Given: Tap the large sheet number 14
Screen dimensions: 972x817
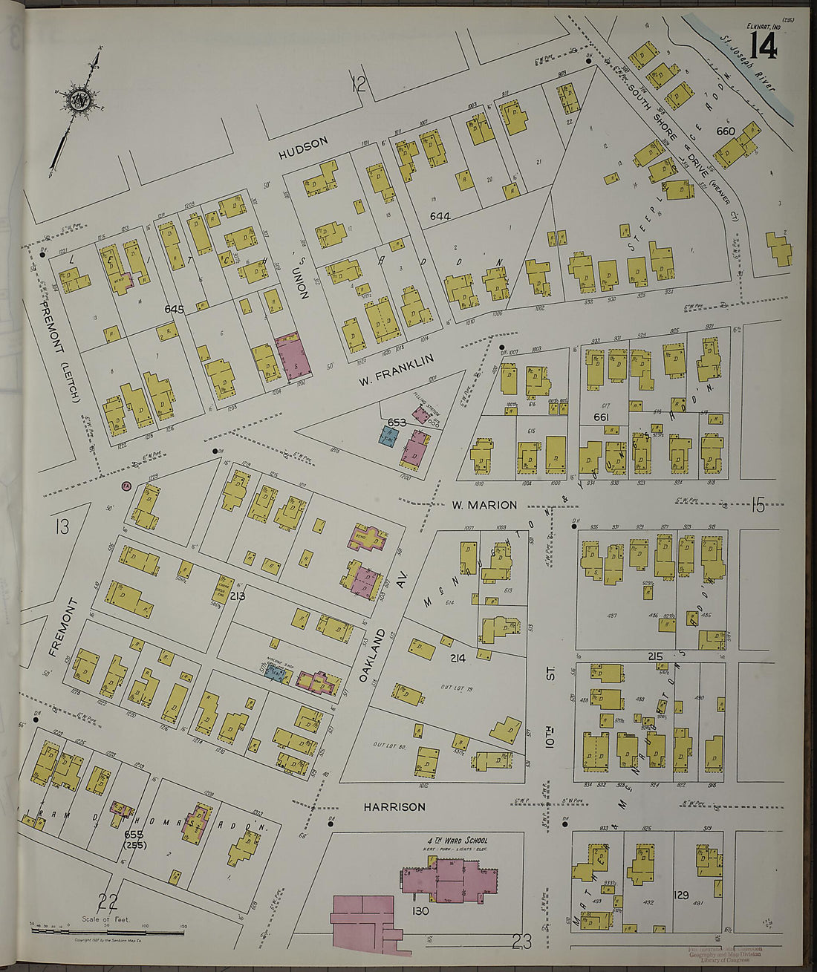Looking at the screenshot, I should tap(763, 46).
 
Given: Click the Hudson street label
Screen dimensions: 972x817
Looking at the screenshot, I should tap(303, 147).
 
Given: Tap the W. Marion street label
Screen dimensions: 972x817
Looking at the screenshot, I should tap(484, 505).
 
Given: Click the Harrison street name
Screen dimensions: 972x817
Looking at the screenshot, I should tap(394, 806).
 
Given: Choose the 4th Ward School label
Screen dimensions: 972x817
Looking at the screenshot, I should tap(458, 841).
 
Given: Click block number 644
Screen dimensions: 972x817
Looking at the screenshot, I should tap(440, 216).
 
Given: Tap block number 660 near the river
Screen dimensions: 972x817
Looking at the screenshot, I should tap(725, 131).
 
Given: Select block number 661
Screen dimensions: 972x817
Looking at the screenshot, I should tap(601, 417).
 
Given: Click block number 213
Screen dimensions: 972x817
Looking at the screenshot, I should tap(238, 596).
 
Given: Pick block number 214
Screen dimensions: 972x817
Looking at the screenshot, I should tap(458, 658).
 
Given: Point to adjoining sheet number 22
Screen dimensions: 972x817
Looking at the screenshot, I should tap(108, 903).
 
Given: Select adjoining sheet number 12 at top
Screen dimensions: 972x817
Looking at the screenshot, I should tap(359, 85).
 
